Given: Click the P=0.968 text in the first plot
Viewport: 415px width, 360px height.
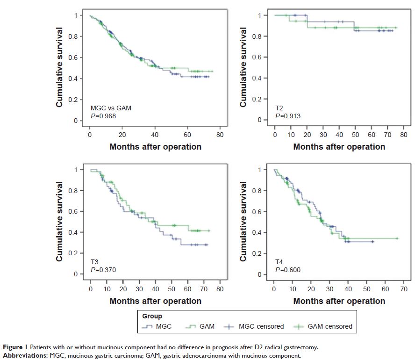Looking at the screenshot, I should (104, 115).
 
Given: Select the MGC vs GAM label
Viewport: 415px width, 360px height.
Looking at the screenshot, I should (110, 108).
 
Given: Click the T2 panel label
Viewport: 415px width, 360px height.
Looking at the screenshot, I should (279, 107).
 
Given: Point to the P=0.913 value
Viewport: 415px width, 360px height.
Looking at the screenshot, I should (287, 115).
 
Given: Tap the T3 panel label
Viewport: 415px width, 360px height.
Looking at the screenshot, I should (95, 262).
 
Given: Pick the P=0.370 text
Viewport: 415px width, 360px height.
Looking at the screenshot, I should (104, 270).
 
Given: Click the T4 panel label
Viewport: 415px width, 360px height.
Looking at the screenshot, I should (279, 262).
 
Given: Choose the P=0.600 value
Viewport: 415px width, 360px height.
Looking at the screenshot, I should (287, 270).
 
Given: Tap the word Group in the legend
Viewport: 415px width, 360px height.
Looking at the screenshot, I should (153, 316).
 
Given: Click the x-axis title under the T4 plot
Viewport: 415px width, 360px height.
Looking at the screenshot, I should (339, 301).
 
